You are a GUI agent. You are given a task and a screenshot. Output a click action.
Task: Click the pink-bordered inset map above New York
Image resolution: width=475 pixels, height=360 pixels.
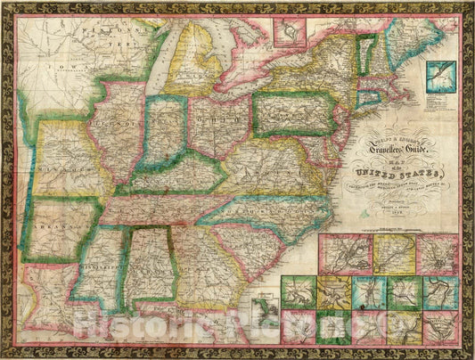click(286, 35)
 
